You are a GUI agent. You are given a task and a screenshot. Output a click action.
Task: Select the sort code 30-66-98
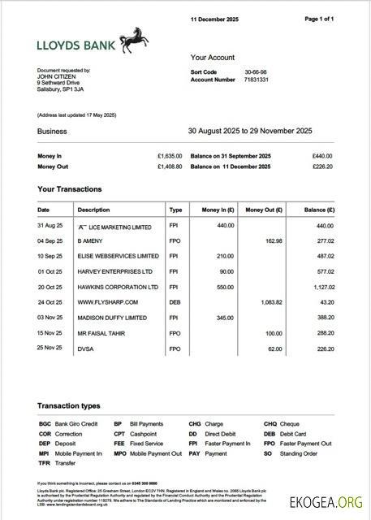coord(256,72)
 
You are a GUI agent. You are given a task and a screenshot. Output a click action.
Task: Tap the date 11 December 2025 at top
coord(214,18)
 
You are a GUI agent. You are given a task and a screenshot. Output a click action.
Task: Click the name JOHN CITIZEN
coord(56,77)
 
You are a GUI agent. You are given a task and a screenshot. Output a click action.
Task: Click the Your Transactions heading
coord(69,189)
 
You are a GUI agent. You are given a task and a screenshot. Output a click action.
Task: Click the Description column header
coord(93,210)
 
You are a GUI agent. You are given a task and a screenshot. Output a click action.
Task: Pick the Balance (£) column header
coord(319,210)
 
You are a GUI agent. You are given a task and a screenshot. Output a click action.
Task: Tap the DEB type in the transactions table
coord(175,302)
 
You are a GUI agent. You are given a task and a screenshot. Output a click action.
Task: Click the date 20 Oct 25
coord(50,287)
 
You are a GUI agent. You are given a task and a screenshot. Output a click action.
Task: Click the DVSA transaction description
coord(85,349)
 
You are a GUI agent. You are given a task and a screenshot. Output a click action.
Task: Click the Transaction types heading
coord(69,405)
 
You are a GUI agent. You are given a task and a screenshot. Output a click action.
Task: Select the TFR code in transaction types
coord(44,463)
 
